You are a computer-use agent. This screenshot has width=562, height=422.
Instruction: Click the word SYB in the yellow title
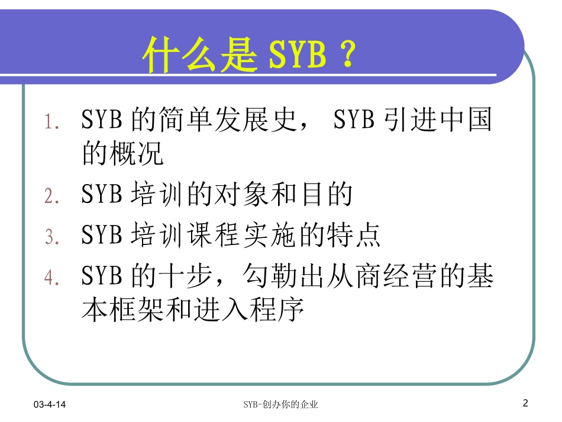[x=297, y=56]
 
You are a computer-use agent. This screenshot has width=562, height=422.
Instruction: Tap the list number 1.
[x=52, y=123]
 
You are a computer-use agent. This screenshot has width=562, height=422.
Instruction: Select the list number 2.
[x=52, y=196]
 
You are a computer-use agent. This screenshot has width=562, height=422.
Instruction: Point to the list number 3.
[x=52, y=237]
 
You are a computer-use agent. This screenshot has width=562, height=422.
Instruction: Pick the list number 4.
[x=52, y=278]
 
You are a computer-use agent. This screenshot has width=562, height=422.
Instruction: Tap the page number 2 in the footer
[x=525, y=404]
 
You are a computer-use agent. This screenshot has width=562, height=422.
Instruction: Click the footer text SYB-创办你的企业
[x=281, y=405]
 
